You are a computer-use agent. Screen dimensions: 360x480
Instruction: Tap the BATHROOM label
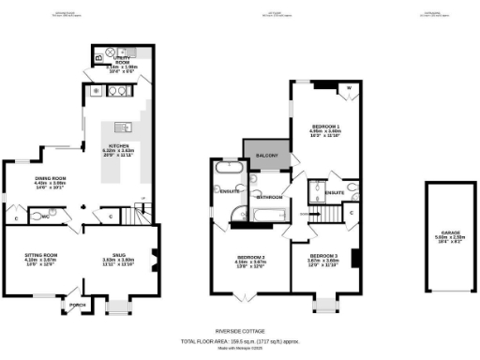tap(270, 198)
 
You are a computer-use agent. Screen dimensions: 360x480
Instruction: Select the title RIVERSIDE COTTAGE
tap(240, 331)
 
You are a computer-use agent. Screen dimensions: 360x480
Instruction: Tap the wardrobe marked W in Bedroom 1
tap(349, 89)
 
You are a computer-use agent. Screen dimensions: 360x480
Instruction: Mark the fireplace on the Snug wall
tap(150, 255)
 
